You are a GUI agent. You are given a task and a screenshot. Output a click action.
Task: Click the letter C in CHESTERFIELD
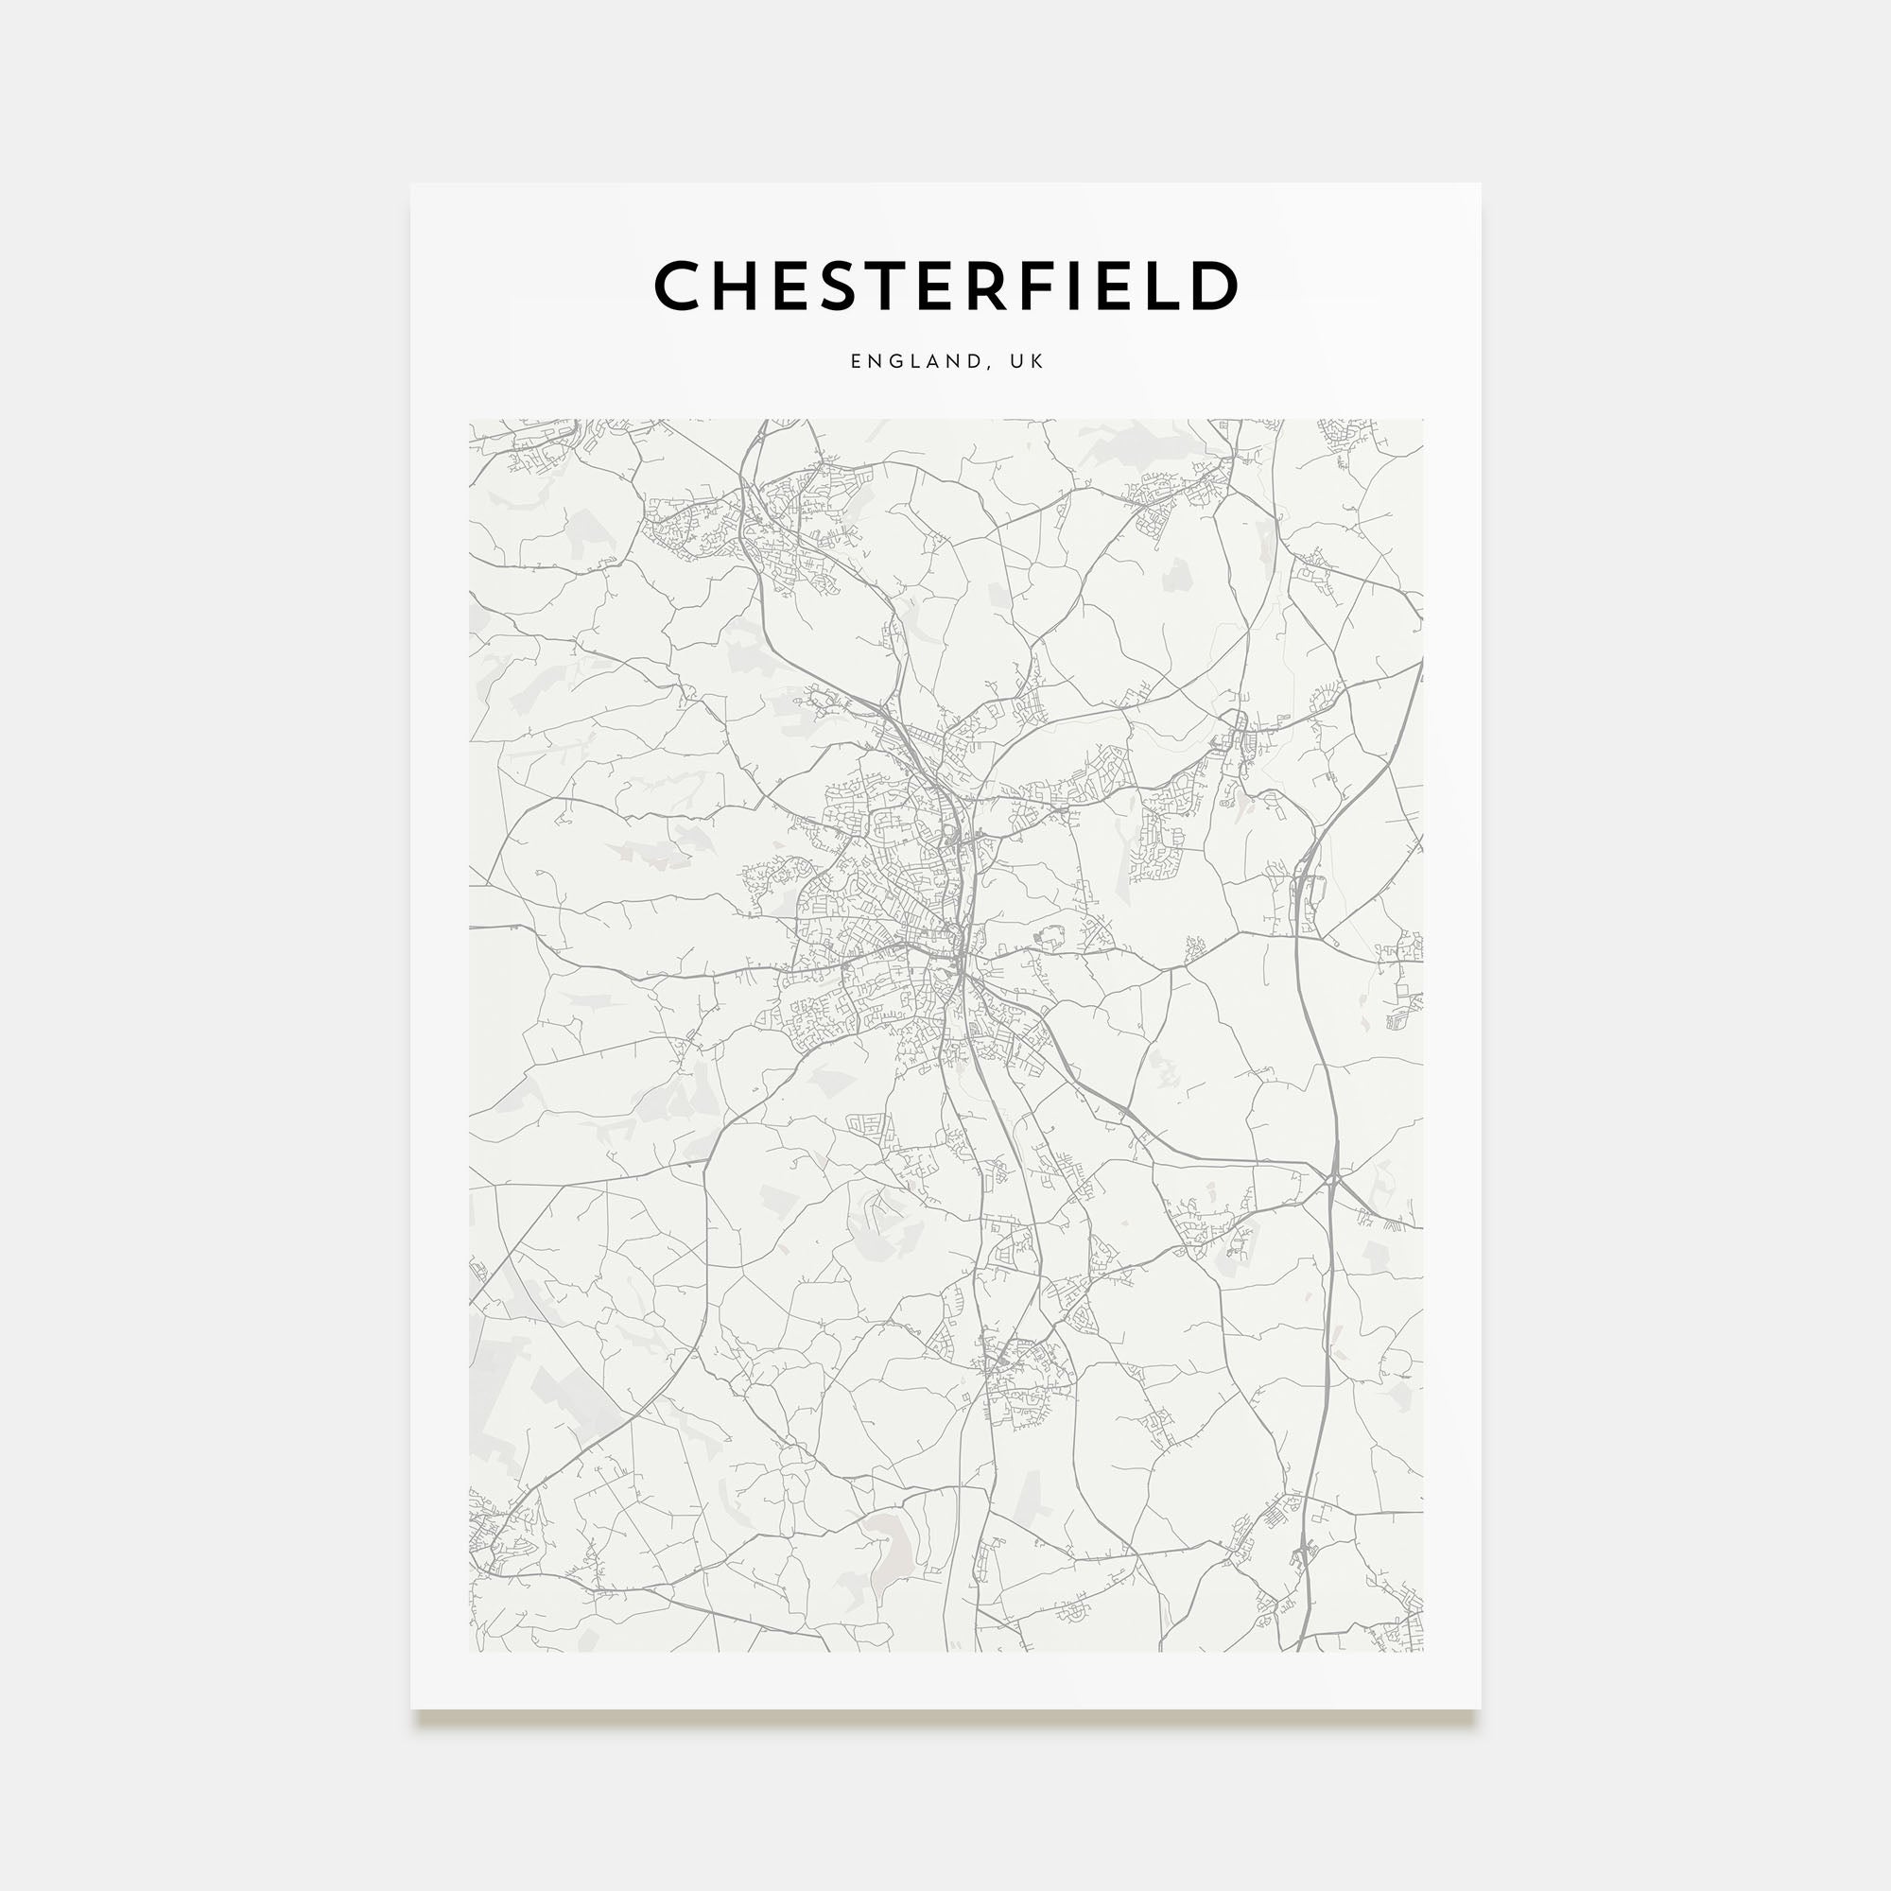(679, 286)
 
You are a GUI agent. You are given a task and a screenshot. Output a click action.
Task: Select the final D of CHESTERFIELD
(1215, 286)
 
